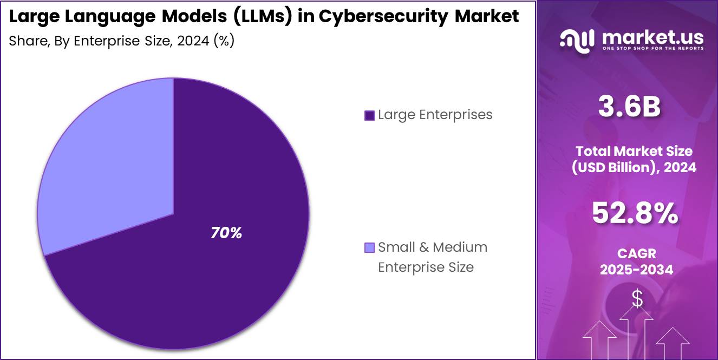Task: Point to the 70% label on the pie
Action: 226,233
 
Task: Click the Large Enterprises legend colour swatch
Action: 370,115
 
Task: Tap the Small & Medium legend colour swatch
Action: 370,248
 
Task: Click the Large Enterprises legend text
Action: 435,115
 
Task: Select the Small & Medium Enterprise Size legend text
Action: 432,257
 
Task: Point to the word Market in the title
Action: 486,17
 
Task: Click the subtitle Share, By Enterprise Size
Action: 121,41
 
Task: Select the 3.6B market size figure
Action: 629,107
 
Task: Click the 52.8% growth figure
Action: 634,213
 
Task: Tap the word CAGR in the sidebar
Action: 636,253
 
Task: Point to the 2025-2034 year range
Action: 636,270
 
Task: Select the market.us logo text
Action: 652,37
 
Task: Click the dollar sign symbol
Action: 637,299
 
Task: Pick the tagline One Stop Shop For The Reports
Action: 652,49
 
